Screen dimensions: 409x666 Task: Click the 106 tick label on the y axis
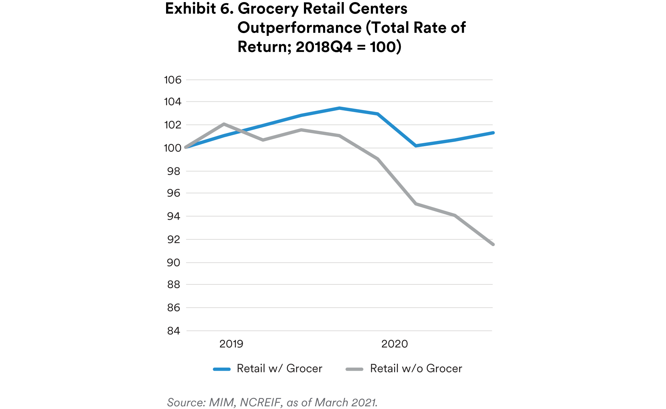(173, 80)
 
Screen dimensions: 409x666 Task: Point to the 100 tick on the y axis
(173, 148)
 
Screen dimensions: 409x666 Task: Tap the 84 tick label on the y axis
(173, 331)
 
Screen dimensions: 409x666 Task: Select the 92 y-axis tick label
(173, 239)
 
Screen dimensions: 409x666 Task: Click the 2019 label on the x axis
(231, 344)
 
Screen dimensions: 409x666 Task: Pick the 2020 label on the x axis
(394, 344)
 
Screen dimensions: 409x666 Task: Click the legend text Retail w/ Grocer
(279, 368)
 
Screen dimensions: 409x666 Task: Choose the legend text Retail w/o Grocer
(416, 368)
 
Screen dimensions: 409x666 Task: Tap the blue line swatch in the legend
(222, 369)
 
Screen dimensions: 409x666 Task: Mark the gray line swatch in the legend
(354, 369)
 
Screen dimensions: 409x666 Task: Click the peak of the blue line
(339, 108)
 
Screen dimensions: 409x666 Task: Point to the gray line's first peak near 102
(224, 124)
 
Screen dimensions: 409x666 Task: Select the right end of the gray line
(493, 244)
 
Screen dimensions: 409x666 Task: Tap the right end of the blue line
(493, 133)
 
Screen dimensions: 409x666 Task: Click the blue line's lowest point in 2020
(416, 145)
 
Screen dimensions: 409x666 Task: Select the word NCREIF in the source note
(260, 402)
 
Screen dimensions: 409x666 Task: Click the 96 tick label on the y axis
(173, 193)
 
